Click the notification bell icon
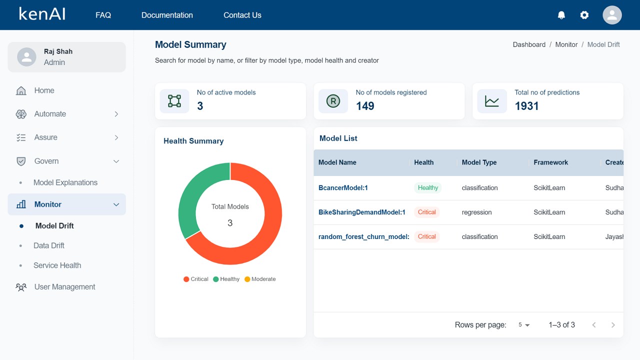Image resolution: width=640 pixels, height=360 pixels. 561,15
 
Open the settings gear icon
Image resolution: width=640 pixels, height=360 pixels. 584,15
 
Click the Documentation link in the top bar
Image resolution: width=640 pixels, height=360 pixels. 167,15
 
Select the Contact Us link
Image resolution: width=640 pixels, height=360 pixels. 242,15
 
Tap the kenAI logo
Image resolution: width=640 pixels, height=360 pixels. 42,14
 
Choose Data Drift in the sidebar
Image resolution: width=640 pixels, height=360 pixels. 49,245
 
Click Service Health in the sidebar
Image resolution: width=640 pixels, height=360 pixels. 57,265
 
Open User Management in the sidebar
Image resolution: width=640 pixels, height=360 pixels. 64,287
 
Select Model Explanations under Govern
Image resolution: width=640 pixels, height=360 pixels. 65,182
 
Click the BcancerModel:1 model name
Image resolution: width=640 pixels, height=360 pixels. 343,188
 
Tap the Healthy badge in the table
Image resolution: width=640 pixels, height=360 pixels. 428,188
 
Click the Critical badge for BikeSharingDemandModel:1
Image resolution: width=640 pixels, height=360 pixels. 426,212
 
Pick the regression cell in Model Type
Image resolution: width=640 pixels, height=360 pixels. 476,212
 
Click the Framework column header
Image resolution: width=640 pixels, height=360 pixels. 550,162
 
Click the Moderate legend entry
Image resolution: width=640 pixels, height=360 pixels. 260,279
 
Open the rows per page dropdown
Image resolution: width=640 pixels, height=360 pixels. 523,325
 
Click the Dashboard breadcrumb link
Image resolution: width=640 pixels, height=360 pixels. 529,44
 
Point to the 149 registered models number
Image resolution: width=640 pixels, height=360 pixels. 365,106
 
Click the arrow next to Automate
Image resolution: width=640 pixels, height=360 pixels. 116,114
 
